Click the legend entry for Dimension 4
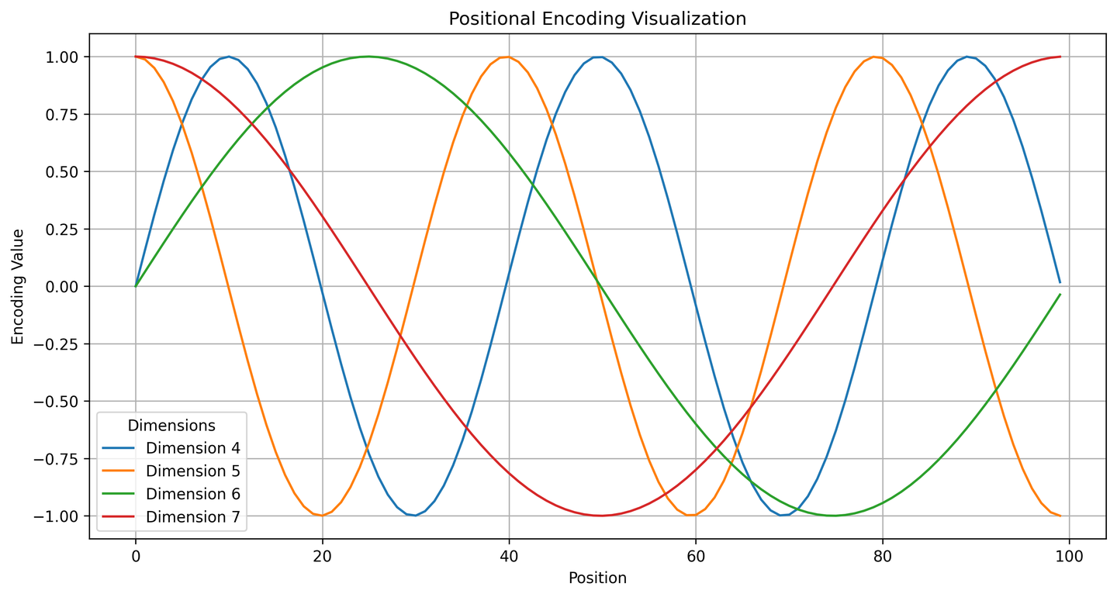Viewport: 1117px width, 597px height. coord(192,448)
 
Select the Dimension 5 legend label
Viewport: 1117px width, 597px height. coord(192,471)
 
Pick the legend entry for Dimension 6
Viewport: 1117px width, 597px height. coord(192,495)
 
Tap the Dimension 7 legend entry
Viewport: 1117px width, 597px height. coord(192,517)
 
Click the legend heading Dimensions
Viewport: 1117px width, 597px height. coord(171,426)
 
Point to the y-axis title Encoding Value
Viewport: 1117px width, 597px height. coord(18,286)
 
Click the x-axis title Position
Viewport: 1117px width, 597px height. coord(597,578)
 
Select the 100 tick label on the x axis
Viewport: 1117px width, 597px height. coord(1069,556)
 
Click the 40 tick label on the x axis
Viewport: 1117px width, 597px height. coord(509,556)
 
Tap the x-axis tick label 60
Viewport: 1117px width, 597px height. coord(696,556)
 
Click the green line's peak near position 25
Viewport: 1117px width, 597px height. coord(368,57)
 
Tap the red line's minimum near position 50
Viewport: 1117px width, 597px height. coord(601,516)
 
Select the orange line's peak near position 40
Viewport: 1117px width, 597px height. coord(508,57)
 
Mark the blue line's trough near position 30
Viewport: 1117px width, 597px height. coord(416,516)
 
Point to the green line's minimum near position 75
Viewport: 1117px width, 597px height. coord(835,516)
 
